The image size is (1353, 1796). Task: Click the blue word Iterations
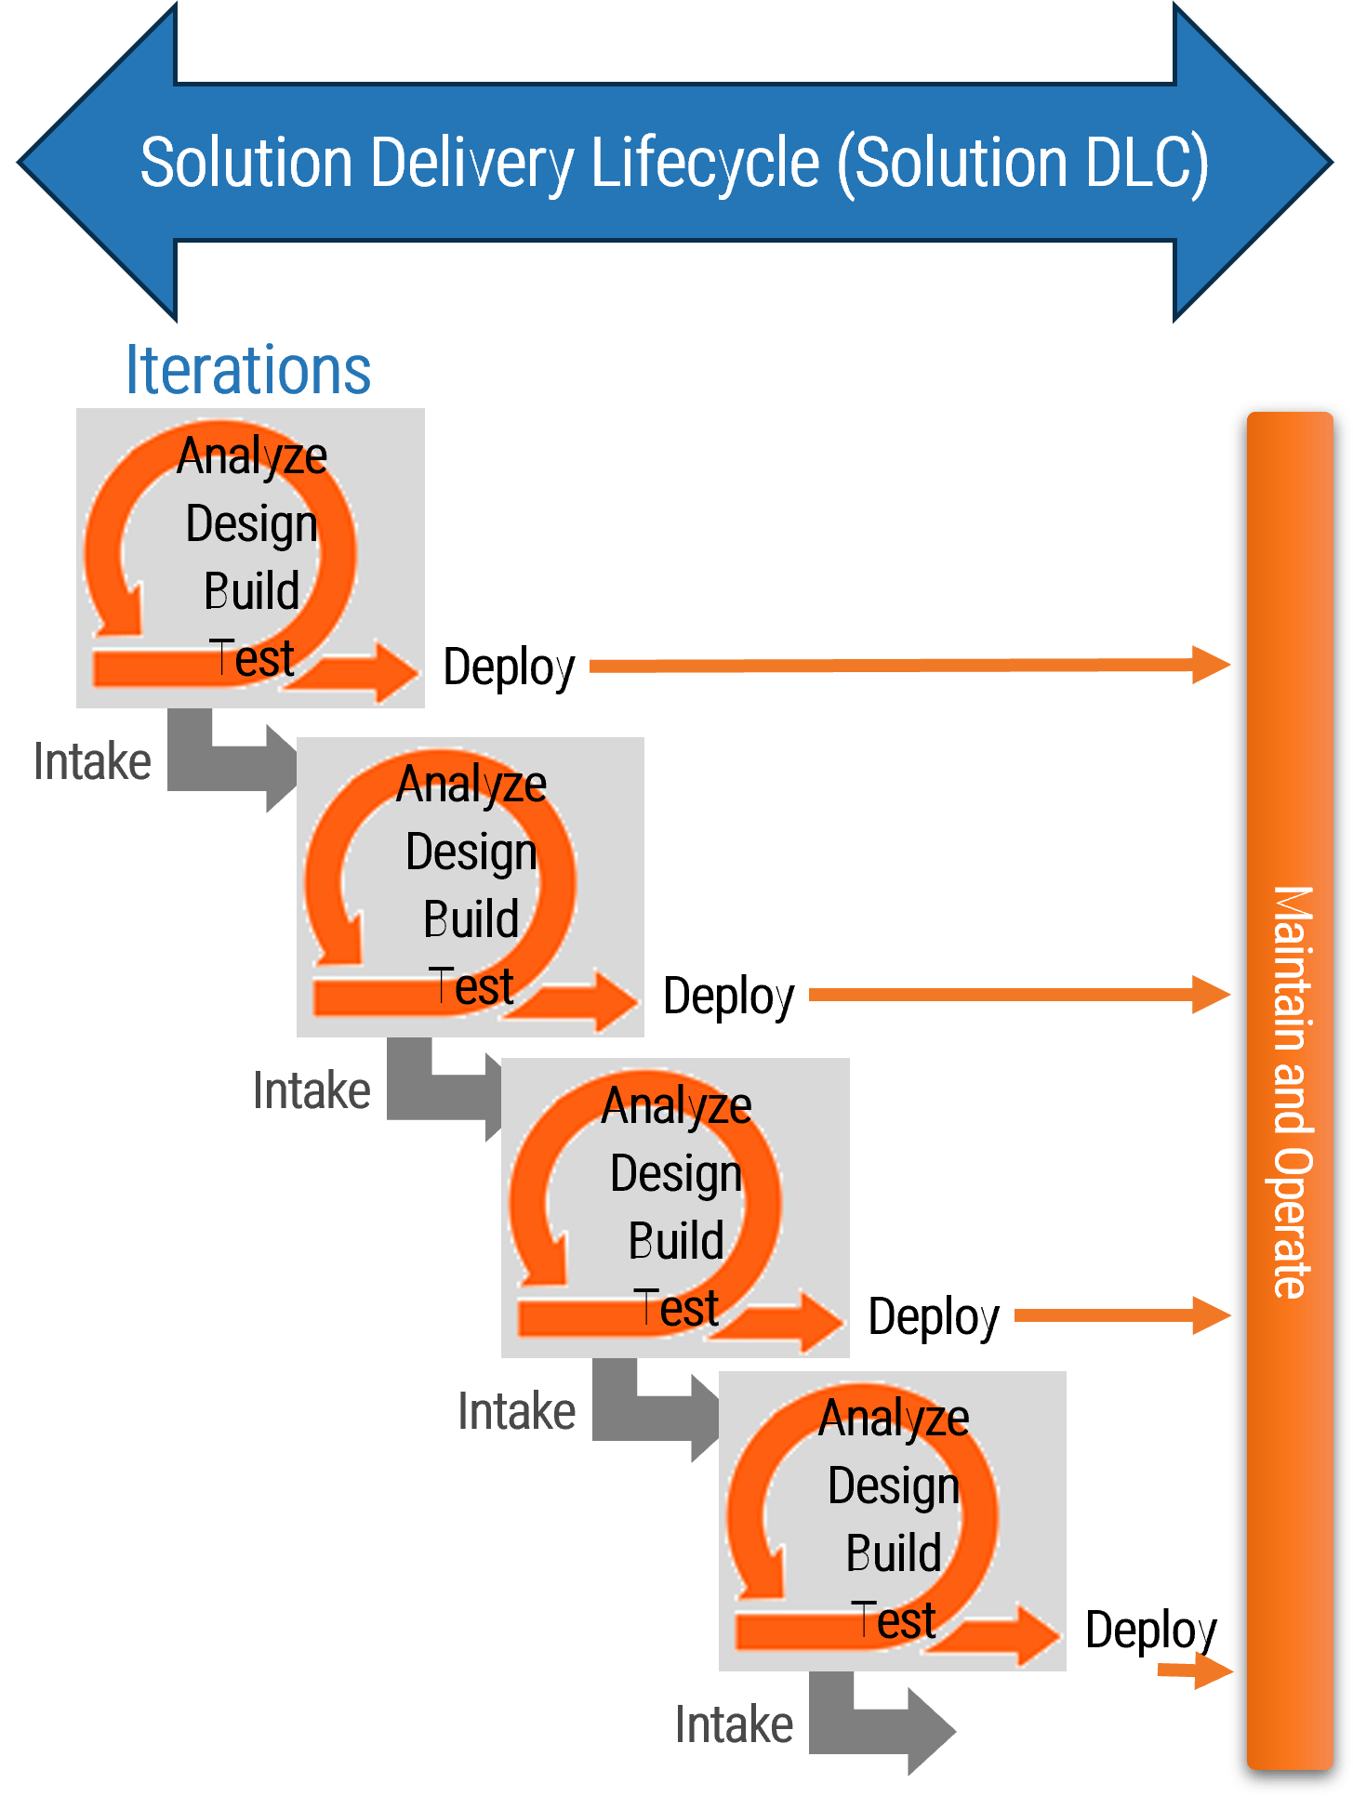248,370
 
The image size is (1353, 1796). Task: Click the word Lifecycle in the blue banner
705,164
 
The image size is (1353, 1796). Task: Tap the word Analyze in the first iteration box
252,456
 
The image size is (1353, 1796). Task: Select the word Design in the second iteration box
471,852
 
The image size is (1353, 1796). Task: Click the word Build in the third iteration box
676,1241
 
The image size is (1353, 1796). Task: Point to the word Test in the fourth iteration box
893,1621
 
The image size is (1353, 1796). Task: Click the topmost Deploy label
509,667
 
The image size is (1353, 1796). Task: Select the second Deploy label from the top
729,997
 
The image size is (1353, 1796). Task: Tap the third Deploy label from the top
934,1317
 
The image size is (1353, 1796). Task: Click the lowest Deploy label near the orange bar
1151,1631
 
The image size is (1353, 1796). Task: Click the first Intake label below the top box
92,762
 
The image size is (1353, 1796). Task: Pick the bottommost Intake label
734,1725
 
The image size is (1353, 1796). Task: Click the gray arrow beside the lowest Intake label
883,1727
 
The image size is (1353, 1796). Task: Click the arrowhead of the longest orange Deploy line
1211,665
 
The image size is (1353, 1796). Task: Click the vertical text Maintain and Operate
1292,1092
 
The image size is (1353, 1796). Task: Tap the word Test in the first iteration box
251,658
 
